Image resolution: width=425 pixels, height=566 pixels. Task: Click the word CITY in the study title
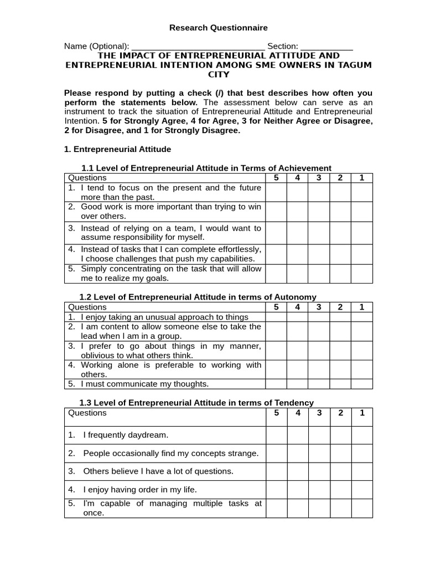pos(218,75)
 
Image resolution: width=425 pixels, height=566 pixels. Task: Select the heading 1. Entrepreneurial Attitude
pos(118,149)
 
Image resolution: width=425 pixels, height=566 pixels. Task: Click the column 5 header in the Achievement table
pos(276,178)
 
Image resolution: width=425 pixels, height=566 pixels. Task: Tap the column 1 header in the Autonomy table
pos(362,307)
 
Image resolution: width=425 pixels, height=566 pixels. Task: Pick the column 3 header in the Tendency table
pos(319,413)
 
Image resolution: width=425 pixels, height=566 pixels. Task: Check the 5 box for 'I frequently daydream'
pos(276,435)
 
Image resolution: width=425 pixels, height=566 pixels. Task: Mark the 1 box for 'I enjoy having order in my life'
pos(362,490)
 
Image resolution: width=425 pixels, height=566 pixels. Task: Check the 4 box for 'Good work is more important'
pos(297,211)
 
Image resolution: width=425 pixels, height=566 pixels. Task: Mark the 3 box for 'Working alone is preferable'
pos(319,369)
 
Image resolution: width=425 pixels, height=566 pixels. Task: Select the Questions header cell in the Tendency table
pos(87,413)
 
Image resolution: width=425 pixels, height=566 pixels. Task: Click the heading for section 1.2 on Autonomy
pos(198,297)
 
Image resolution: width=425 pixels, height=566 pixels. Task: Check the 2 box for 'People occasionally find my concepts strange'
pos(340,453)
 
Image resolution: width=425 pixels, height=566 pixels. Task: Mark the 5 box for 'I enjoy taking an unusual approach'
pos(276,317)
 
